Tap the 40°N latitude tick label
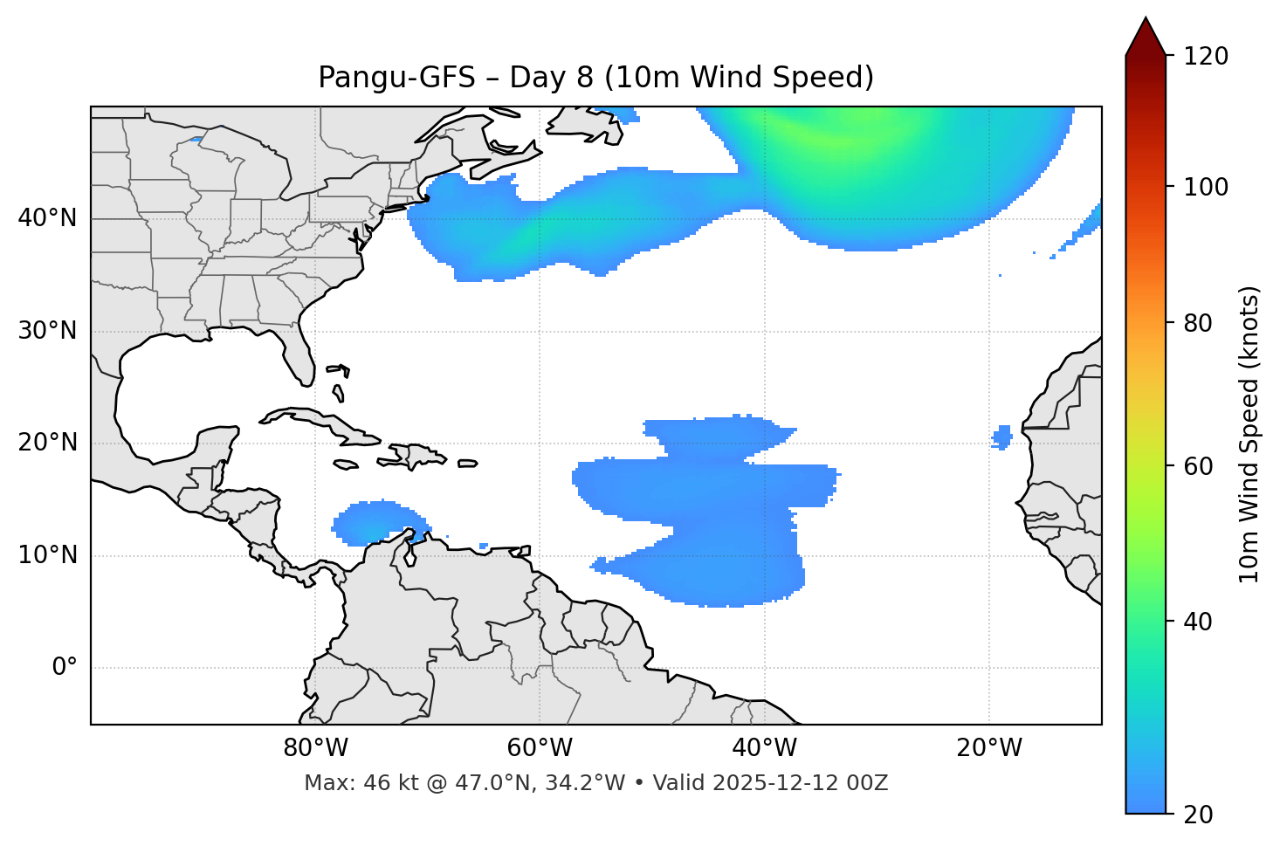pos(47,218)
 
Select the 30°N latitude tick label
pos(47,331)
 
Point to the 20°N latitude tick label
pos(47,443)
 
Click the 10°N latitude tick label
pos(47,555)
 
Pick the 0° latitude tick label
pos(65,667)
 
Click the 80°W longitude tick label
pos(315,748)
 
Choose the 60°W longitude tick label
pos(540,748)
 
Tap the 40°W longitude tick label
pos(764,748)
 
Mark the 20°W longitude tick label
pos(988,748)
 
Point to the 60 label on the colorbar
pos(1200,466)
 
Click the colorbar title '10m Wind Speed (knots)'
pos(1249,434)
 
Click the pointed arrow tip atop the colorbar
pos(1146,21)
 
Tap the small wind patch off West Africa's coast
pos(1002,436)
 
